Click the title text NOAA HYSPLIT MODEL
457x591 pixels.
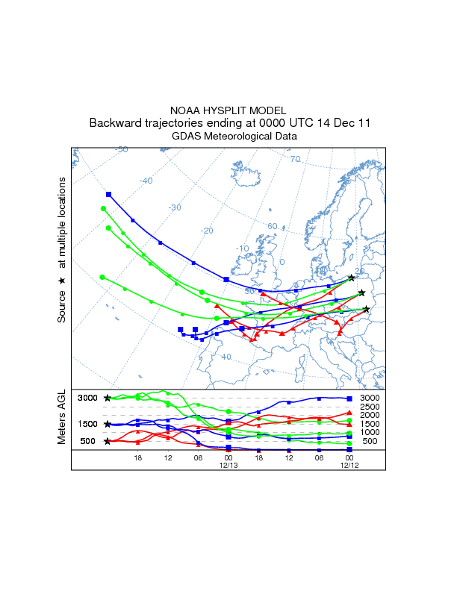[228, 110]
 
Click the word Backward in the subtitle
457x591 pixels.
[114, 123]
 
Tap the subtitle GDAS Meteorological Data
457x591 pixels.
[228, 137]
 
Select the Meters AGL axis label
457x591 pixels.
[62, 416]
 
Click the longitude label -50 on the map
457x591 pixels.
[121, 150]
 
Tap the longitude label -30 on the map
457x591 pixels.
[173, 207]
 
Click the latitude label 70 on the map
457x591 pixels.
[295, 159]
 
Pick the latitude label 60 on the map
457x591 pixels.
[273, 225]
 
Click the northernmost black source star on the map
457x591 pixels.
[352, 278]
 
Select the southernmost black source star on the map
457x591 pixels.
[366, 309]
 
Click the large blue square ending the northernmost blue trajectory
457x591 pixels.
[109, 195]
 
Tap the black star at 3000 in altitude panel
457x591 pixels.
[108, 398]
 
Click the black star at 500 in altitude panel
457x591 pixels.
[108, 441]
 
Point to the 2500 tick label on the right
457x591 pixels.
[370, 407]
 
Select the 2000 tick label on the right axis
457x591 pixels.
[370, 415]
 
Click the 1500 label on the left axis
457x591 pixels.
[88, 424]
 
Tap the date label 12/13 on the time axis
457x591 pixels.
[228, 466]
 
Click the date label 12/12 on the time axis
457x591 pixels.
[349, 466]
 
